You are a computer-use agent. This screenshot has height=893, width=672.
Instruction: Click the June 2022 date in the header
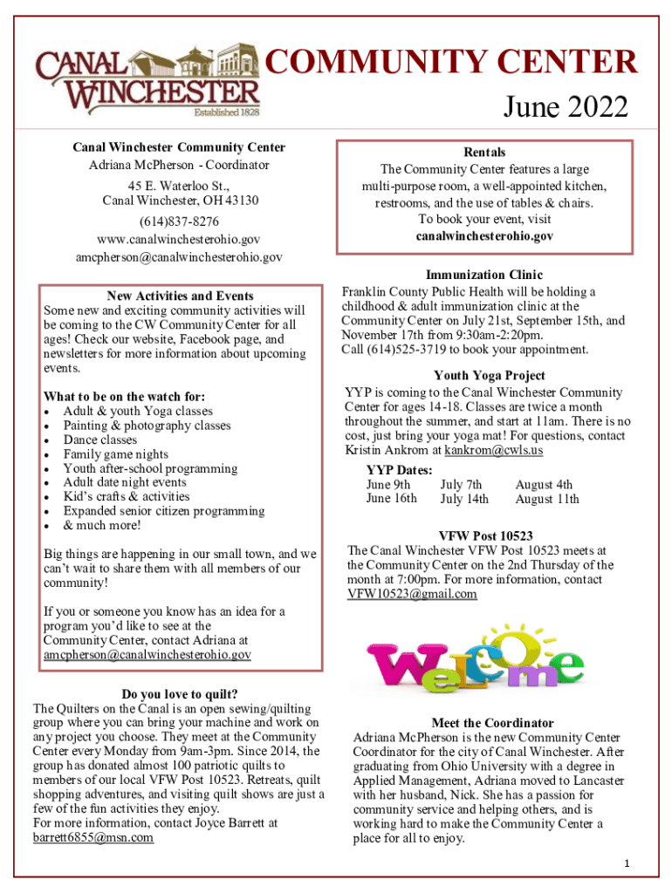click(x=565, y=108)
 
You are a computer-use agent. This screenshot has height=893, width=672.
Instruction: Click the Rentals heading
click(x=484, y=152)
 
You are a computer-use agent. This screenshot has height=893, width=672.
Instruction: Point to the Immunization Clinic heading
click(x=483, y=275)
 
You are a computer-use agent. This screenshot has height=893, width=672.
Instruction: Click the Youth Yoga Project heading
click(x=490, y=376)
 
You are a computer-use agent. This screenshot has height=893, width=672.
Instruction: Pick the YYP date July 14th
click(x=464, y=500)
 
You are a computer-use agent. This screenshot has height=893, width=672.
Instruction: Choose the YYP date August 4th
click(x=544, y=485)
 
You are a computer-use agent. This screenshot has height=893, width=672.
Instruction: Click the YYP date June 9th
click(x=388, y=485)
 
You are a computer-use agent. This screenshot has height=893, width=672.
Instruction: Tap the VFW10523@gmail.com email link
click(x=412, y=595)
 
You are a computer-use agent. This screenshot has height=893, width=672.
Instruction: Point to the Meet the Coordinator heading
click(x=492, y=723)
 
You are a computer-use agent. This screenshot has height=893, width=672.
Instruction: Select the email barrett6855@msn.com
click(x=93, y=837)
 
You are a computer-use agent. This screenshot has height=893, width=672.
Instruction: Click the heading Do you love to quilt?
click(x=180, y=694)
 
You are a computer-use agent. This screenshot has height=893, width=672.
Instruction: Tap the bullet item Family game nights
click(x=115, y=454)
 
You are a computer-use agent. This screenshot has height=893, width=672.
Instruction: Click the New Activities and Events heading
click(x=180, y=296)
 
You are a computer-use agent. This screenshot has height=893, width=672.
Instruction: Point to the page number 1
click(x=627, y=863)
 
